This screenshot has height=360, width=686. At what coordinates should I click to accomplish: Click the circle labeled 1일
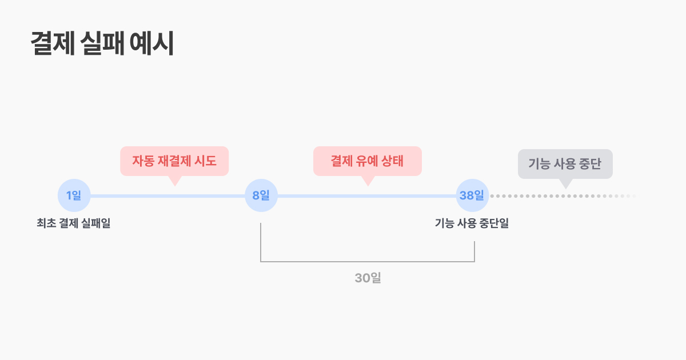click(74, 195)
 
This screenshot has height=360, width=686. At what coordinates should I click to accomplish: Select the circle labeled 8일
click(261, 195)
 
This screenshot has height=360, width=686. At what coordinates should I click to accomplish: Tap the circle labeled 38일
click(472, 195)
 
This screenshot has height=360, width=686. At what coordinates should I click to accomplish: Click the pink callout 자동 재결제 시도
click(174, 161)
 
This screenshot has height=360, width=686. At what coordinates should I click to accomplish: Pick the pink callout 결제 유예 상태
click(368, 161)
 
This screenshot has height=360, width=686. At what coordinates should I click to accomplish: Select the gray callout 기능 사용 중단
click(565, 164)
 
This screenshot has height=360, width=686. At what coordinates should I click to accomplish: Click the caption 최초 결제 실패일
click(74, 223)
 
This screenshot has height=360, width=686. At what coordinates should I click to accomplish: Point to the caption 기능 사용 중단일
click(472, 223)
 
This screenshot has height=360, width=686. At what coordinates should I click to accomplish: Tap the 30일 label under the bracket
click(368, 278)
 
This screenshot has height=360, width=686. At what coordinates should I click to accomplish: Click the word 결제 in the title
click(53, 43)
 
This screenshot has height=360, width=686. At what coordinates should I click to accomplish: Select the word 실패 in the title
click(102, 43)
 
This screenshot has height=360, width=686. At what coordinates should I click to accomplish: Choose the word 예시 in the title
click(152, 43)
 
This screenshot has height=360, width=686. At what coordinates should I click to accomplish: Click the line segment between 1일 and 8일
click(167, 196)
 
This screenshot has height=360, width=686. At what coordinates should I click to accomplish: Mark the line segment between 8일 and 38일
click(366, 196)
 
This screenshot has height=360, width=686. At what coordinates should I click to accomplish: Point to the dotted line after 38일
click(563, 196)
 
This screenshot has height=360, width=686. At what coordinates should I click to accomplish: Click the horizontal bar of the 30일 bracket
click(368, 262)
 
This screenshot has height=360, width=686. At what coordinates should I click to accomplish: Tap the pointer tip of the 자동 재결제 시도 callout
click(175, 186)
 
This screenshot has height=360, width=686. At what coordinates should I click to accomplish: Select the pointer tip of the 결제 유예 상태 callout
click(368, 186)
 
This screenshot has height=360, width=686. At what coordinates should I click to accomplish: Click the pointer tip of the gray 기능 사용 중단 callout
click(566, 189)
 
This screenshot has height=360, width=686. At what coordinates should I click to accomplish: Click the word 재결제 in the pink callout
click(176, 161)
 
